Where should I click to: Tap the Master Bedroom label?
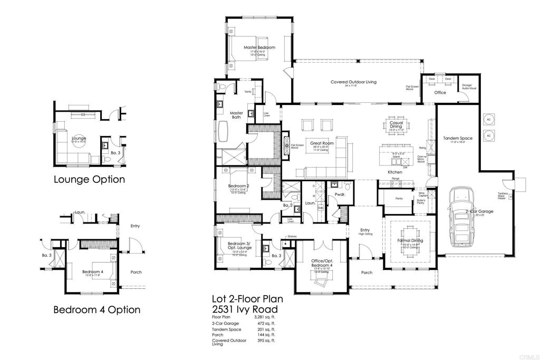click(259, 47)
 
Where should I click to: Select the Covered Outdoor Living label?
click(353, 82)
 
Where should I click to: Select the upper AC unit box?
click(488, 118)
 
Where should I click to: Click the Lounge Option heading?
click(89, 180)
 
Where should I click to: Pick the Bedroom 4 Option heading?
click(97, 309)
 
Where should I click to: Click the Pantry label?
click(399, 199)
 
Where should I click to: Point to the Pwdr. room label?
click(340, 194)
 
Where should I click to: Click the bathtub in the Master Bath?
click(226, 132)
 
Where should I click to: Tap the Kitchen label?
click(395, 172)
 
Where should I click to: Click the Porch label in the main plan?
click(367, 273)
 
